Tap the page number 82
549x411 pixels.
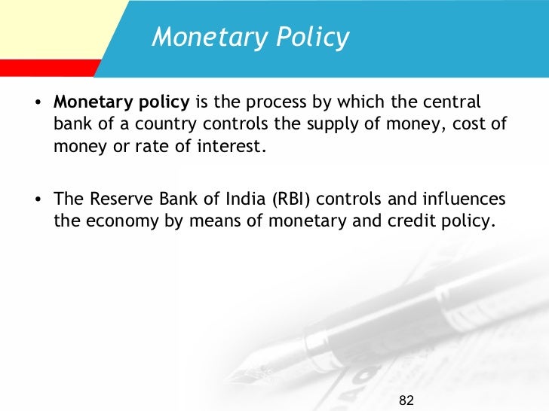(407, 398)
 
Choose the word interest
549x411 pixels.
(235, 146)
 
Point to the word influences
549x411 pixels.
(467, 200)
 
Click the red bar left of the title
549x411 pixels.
(45, 67)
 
